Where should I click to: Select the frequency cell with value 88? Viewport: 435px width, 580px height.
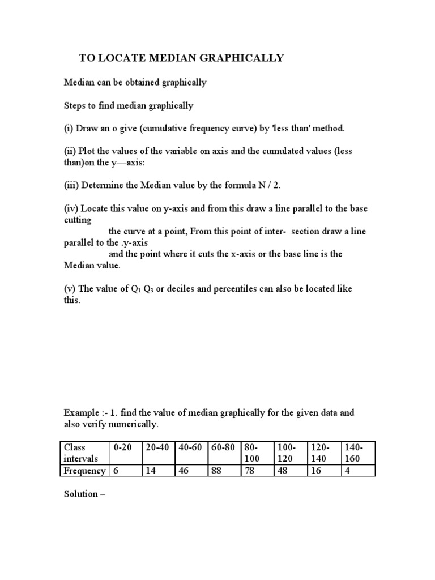point(224,471)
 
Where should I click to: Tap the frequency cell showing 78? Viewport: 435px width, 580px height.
point(257,471)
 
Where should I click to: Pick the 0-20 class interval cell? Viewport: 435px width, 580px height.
point(127,453)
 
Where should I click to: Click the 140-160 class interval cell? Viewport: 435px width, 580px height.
point(357,453)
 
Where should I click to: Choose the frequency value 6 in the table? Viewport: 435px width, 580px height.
point(127,471)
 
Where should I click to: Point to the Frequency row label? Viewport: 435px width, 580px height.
point(84,471)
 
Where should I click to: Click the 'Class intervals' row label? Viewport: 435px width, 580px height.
point(84,453)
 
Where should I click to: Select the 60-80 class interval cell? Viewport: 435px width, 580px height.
point(224,447)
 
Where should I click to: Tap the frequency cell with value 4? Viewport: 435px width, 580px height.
point(357,471)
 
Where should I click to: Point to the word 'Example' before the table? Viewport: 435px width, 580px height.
point(80,412)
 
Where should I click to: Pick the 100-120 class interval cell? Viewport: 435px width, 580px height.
point(289,453)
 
